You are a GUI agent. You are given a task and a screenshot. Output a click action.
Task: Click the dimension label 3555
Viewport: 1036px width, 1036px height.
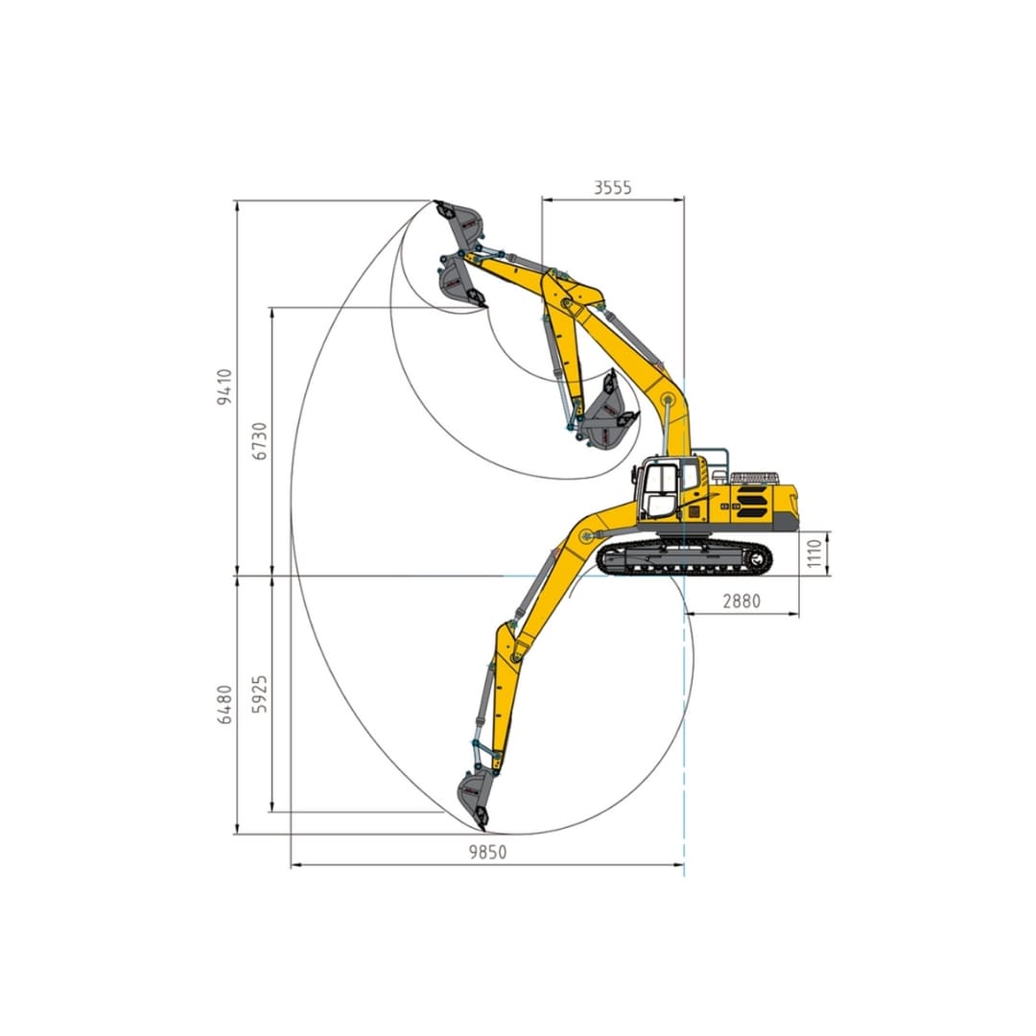pyautogui.click(x=612, y=188)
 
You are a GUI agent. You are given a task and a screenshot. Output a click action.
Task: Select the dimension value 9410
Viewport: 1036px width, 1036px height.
pyautogui.click(x=224, y=387)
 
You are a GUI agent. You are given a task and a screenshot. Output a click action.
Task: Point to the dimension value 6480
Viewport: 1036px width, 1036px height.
pyautogui.click(x=224, y=704)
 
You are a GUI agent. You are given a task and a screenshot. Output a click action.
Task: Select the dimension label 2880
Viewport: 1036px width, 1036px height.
pyautogui.click(x=741, y=601)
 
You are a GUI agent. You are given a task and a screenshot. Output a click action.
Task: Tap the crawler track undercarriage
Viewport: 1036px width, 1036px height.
pyautogui.click(x=684, y=557)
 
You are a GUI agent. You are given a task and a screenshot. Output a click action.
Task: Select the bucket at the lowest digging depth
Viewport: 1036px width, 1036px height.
pyautogui.click(x=473, y=798)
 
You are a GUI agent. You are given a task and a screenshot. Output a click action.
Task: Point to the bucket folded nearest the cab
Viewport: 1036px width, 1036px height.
pyautogui.click(x=607, y=415)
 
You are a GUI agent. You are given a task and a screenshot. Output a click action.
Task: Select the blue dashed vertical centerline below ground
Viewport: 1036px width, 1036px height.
pyautogui.click(x=685, y=729)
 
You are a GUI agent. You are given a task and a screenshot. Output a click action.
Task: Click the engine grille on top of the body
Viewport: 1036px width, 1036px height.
pyautogui.click(x=755, y=478)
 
